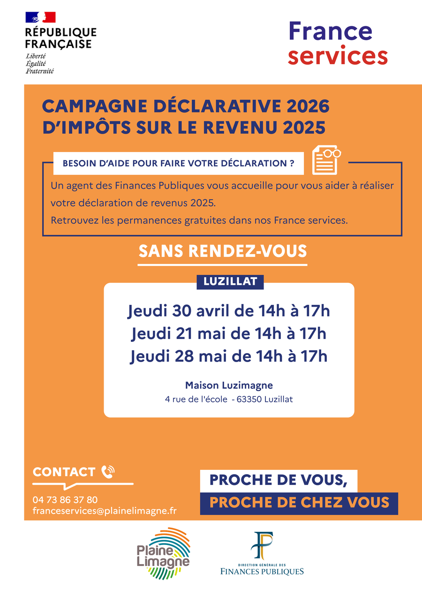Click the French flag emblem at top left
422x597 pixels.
(40, 17)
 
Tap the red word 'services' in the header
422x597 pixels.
(338, 56)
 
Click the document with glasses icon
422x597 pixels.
(326, 160)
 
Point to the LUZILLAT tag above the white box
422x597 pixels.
(230, 281)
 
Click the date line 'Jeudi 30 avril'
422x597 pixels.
(228, 311)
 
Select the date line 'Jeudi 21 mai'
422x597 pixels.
(228, 334)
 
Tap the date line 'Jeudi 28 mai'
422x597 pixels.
(228, 356)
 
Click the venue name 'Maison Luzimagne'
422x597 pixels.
(229, 385)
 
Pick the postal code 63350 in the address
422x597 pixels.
(249, 400)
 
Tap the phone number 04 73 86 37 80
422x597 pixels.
(65, 500)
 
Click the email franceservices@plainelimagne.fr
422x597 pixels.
(105, 511)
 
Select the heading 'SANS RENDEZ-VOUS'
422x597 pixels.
(222, 251)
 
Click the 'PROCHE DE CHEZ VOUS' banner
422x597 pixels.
(299, 503)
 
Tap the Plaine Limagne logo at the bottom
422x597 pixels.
(163, 553)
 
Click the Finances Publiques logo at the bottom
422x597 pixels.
(262, 553)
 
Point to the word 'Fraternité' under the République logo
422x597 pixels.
(40, 71)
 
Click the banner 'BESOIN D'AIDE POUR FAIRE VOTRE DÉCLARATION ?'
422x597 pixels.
(178, 164)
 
